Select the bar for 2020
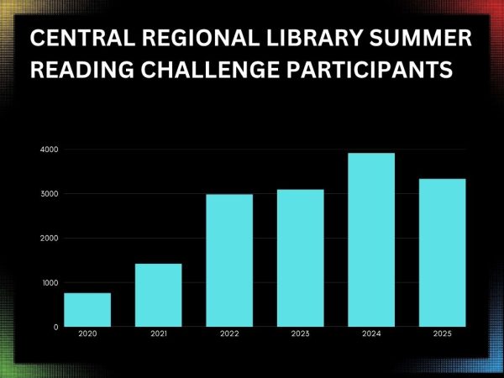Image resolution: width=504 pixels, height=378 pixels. click(x=87, y=309)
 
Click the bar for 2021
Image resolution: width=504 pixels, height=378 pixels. click(x=159, y=295)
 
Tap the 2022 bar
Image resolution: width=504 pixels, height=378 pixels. click(x=229, y=260)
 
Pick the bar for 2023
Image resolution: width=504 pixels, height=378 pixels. click(x=301, y=258)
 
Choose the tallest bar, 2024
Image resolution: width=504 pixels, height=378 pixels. click(x=371, y=239)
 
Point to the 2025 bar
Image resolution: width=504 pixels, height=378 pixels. click(x=443, y=253)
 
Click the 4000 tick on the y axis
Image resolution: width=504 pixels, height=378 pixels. click(x=50, y=150)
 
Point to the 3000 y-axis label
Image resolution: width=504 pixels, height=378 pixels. click(x=50, y=194)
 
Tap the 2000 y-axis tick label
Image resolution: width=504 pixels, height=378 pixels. click(x=50, y=239)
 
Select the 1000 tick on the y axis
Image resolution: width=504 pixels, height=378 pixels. click(x=50, y=282)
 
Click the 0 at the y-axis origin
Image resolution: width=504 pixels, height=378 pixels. click(x=56, y=327)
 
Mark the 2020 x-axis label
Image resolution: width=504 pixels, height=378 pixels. click(x=87, y=333)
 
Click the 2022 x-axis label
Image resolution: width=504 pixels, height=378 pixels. click(x=229, y=333)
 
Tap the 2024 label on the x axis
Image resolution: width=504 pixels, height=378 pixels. click(x=371, y=333)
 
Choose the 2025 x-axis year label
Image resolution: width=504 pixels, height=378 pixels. click(x=443, y=333)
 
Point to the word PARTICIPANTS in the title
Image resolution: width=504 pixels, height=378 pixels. click(x=370, y=70)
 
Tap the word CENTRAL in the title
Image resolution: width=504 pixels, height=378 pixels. click(x=82, y=38)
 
